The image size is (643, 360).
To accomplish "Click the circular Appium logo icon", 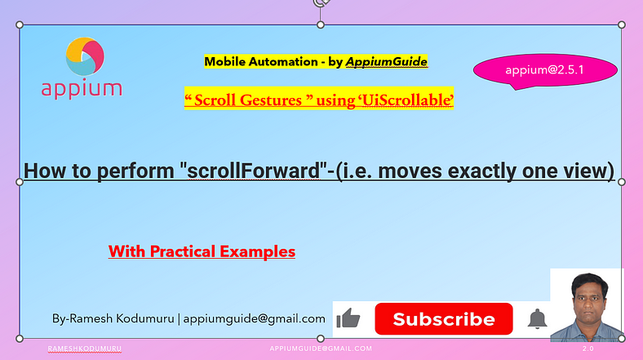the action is (x=85, y=56).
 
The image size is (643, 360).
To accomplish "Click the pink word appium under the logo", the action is (x=82, y=90).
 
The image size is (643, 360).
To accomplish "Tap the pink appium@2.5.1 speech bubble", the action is (x=545, y=71).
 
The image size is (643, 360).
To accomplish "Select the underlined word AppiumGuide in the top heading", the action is (x=386, y=61).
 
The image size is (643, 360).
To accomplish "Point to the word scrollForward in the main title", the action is (x=254, y=171).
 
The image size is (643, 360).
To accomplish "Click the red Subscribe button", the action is (x=444, y=319).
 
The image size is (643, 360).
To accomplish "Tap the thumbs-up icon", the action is (x=348, y=318).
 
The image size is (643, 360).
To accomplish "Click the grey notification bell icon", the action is (x=537, y=319).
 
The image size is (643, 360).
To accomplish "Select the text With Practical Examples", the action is (x=202, y=251).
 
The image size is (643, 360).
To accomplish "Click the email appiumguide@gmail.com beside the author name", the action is (x=255, y=318).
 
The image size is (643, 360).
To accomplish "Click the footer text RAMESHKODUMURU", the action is (x=85, y=349).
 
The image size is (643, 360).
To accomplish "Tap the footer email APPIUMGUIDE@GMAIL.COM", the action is (x=321, y=349).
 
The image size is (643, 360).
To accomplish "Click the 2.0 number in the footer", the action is (x=588, y=349).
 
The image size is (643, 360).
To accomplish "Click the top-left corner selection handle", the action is (x=20, y=24).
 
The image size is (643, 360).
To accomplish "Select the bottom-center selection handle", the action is (x=321, y=338).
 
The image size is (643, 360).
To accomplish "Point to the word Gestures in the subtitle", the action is (x=271, y=100).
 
